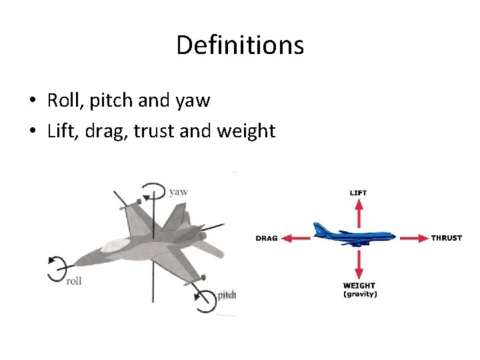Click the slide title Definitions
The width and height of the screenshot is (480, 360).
[240, 45]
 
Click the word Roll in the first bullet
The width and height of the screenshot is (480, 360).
[61, 101]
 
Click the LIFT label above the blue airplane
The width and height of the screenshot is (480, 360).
[358, 193]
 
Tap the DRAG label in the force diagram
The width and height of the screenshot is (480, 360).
[266, 238]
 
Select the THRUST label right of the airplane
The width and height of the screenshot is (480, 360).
[446, 238]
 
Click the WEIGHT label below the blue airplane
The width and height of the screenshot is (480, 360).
[359, 286]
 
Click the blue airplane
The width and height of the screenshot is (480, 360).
[353, 234]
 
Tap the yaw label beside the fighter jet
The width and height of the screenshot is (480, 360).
[178, 192]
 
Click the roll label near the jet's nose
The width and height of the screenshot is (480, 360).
[74, 281]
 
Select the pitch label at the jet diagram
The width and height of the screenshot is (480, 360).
[227, 295]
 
